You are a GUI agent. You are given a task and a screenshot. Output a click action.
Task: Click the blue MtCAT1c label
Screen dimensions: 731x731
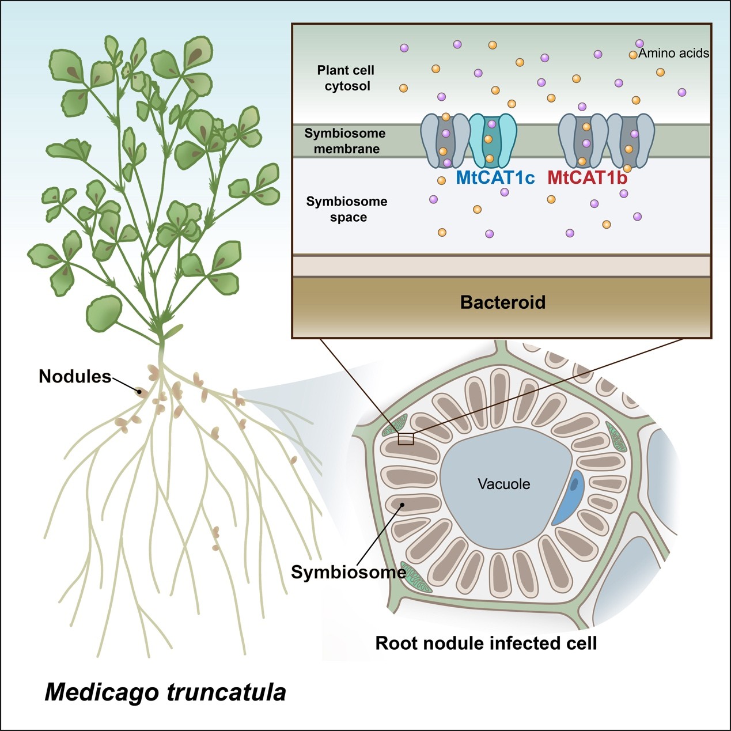click(495, 177)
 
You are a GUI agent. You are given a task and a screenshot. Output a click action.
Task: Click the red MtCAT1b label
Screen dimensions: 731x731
click(587, 177)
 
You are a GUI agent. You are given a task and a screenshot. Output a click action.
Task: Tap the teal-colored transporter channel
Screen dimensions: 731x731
click(491, 139)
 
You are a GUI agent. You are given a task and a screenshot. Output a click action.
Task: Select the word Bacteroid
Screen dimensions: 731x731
click(502, 302)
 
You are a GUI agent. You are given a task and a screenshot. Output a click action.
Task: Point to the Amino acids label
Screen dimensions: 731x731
click(674, 53)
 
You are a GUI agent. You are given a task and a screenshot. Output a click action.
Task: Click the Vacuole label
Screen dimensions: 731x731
click(504, 484)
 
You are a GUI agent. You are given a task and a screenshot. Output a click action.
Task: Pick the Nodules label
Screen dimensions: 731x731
click(75, 377)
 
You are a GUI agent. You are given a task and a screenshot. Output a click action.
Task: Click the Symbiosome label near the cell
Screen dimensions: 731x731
click(348, 572)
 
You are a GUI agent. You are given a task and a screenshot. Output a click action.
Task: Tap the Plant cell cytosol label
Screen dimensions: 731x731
click(346, 78)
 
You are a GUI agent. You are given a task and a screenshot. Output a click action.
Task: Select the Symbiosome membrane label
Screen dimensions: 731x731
click(345, 141)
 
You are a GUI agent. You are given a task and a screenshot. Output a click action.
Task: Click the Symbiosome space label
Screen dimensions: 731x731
click(347, 209)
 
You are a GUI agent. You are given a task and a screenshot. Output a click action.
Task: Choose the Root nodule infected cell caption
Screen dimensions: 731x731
click(486, 643)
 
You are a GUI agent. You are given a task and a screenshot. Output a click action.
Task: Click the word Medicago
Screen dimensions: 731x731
click(101, 692)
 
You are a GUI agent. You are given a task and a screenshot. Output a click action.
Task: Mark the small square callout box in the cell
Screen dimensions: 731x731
click(406, 439)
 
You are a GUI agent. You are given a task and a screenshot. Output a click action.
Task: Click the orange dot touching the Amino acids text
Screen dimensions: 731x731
click(633, 55)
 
